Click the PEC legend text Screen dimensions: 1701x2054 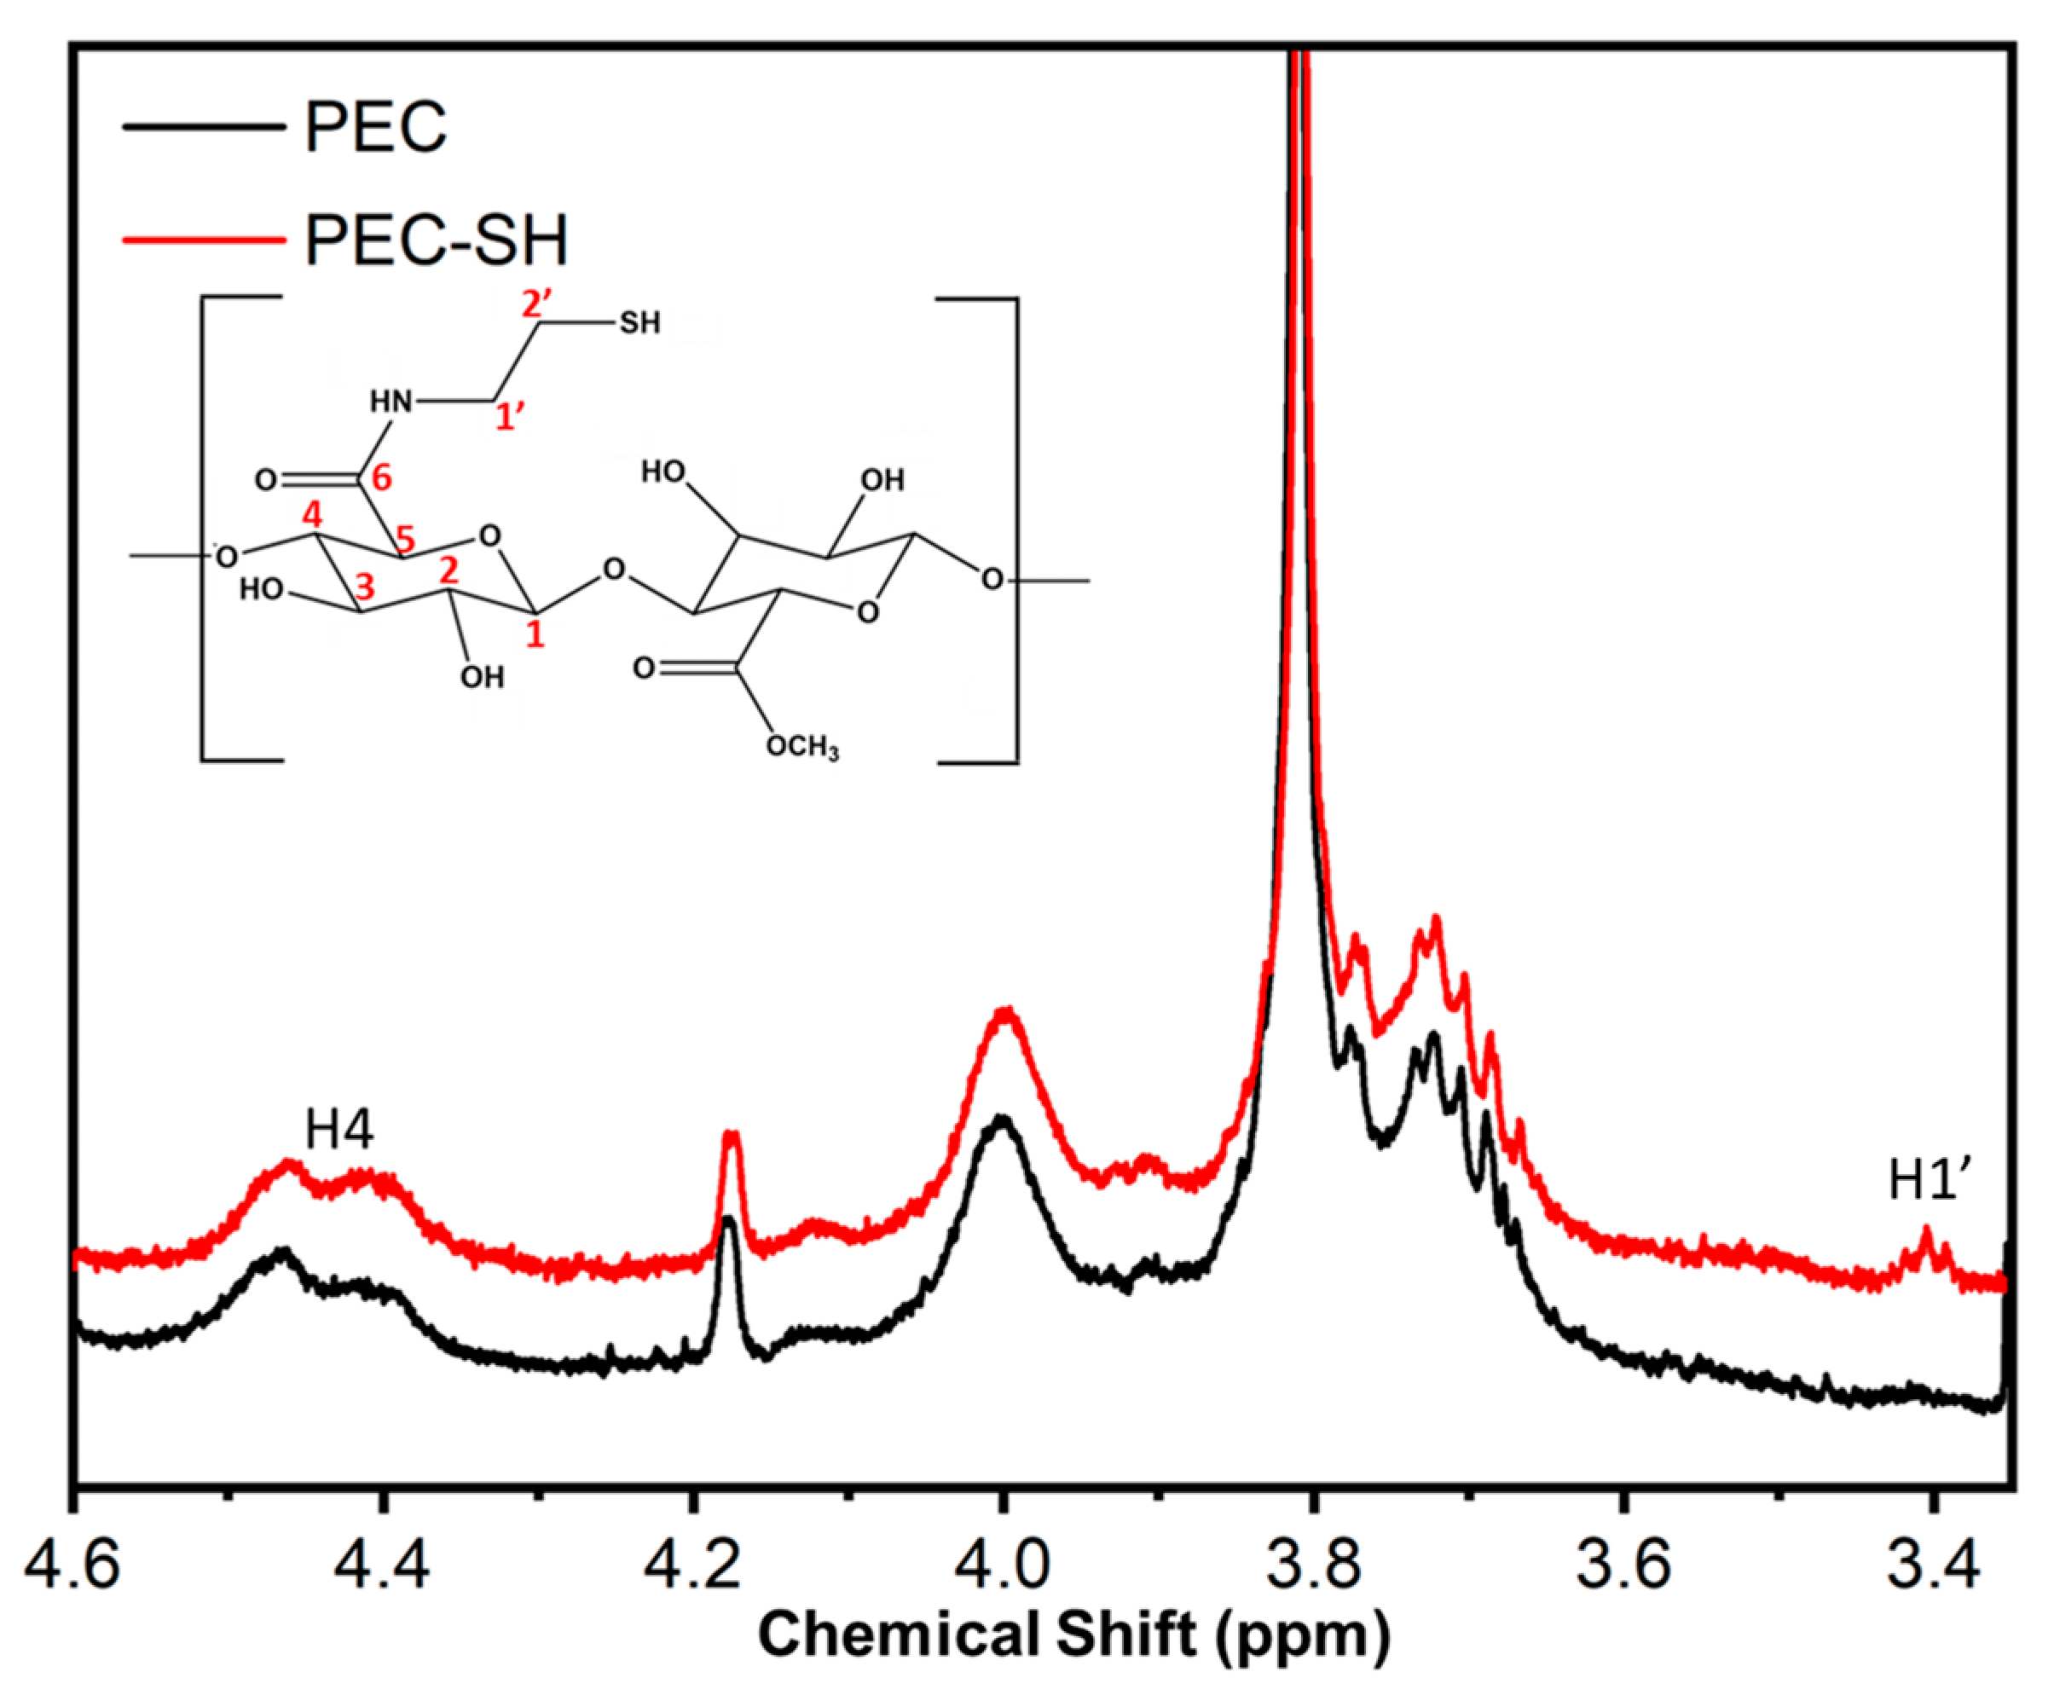376,127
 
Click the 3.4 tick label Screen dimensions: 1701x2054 1932,1566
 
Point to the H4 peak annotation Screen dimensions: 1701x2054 338,1131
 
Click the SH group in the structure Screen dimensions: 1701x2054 639,323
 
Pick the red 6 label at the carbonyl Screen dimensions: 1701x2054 380,477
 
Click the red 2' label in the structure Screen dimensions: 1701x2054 537,305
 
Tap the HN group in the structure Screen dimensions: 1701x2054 391,401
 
